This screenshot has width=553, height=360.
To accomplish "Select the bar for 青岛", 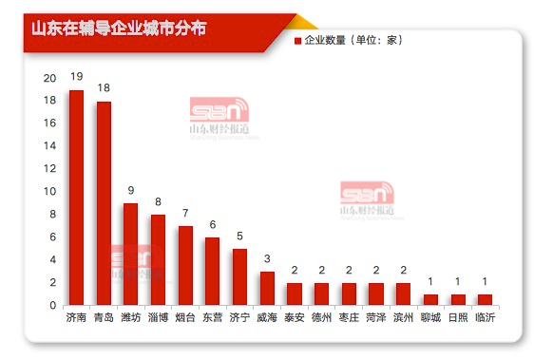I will click(x=104, y=203).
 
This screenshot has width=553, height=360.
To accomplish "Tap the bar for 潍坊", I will click(x=131, y=255).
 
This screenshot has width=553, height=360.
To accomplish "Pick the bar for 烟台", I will click(x=185, y=266).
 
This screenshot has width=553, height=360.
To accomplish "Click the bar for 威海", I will click(x=267, y=289).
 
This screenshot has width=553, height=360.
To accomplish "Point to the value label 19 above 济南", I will click(x=76, y=75).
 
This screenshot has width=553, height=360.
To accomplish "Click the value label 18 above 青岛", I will click(x=104, y=86).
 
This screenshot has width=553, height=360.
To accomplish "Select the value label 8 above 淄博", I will click(x=159, y=200).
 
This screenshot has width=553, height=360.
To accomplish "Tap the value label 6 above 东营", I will click(x=213, y=223).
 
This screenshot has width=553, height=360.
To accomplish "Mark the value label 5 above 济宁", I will click(x=240, y=235).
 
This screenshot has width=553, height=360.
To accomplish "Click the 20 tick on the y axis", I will click(x=49, y=78).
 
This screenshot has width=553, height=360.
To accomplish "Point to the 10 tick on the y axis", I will click(x=49, y=192).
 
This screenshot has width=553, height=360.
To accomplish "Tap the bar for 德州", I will click(x=321, y=294).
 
